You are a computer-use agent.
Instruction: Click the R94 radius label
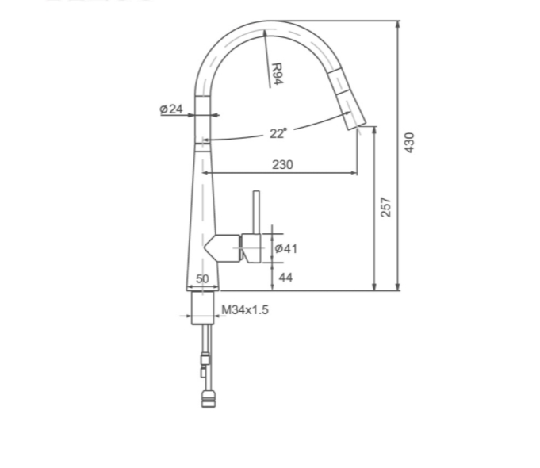point(277,74)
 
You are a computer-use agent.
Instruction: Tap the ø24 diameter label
point(171,109)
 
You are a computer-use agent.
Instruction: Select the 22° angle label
point(278,133)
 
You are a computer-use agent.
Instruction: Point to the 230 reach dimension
point(282,164)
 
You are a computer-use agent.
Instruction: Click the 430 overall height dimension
point(409,142)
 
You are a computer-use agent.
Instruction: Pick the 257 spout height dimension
point(386,207)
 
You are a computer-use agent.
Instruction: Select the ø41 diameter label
point(285,248)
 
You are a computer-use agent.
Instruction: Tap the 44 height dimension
point(285,278)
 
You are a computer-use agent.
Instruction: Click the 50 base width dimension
point(202,278)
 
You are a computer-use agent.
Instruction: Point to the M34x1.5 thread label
point(244,310)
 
